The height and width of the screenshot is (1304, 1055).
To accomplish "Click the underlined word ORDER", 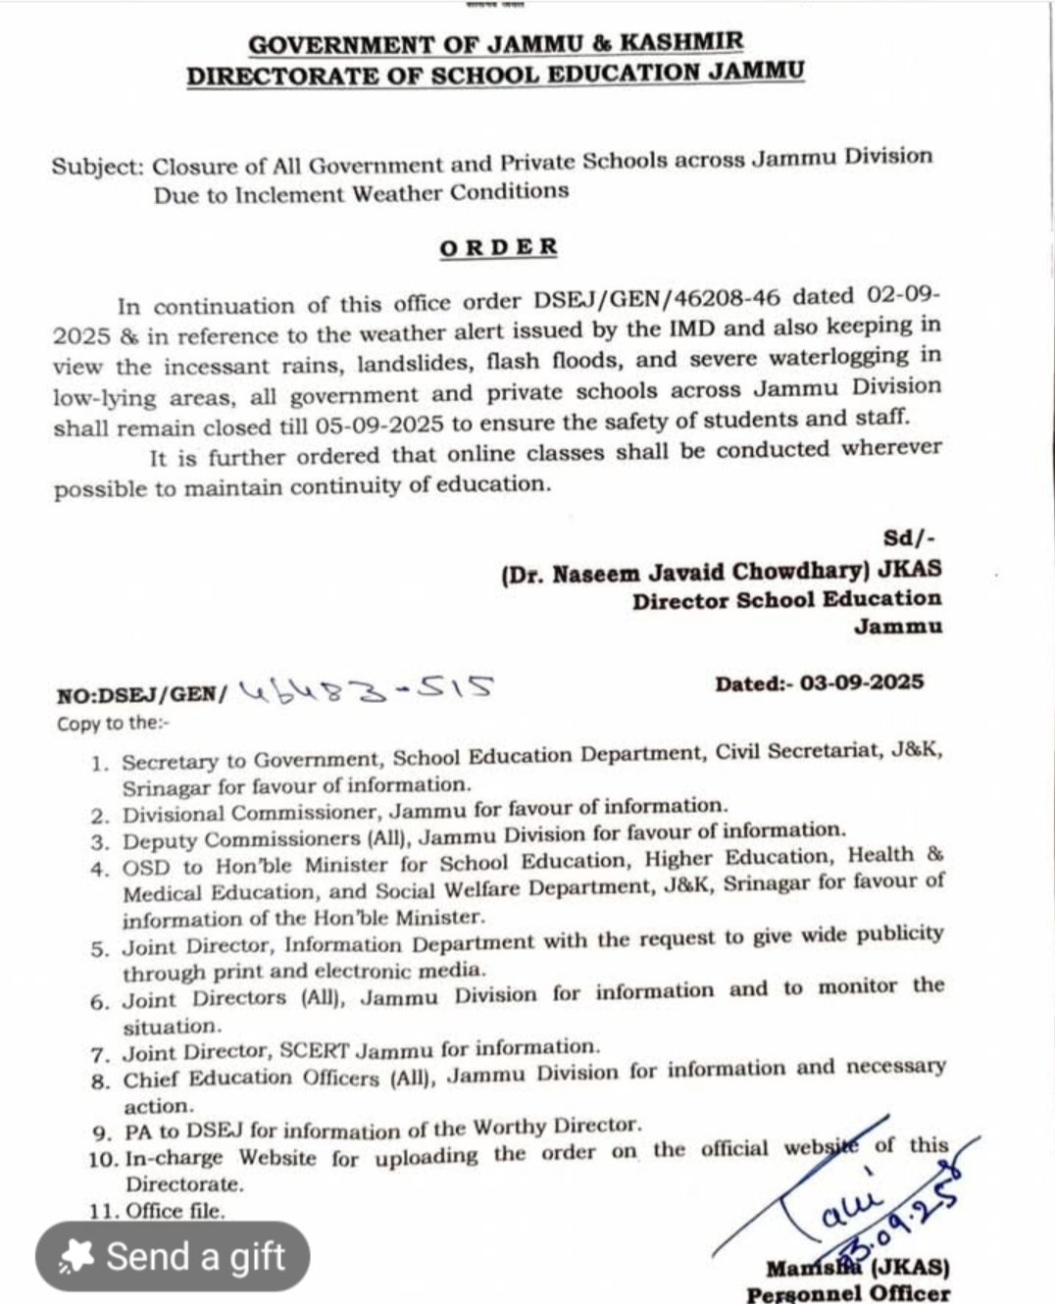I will click(498, 247).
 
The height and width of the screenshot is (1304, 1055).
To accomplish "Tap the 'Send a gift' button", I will click(173, 1256).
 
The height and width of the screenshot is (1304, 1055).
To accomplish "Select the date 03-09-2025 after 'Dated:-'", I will click(862, 682).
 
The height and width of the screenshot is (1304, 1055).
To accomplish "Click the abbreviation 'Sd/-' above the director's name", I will click(910, 537).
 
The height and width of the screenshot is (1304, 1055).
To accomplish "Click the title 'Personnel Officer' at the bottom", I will click(847, 1293).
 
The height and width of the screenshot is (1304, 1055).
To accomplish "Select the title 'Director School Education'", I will click(786, 600).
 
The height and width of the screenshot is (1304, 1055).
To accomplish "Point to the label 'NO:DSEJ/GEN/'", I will click(141, 695).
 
